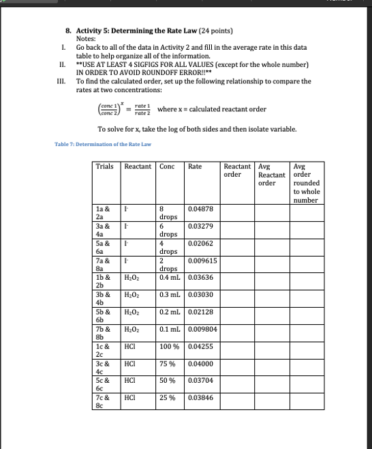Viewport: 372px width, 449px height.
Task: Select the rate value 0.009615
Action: click(x=202, y=261)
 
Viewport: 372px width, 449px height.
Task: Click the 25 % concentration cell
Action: click(x=168, y=397)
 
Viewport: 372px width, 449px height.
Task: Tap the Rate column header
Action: click(x=195, y=166)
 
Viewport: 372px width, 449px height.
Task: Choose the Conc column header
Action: click(x=167, y=166)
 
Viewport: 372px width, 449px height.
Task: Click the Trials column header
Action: click(x=105, y=166)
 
